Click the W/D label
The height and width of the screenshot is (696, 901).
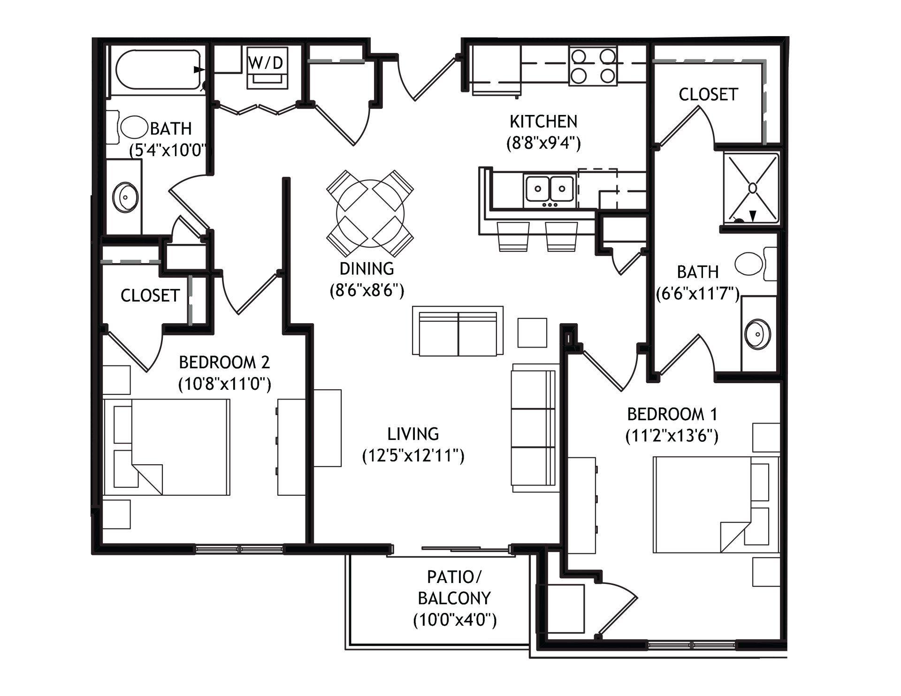266,63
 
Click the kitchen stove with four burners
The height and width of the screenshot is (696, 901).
593,66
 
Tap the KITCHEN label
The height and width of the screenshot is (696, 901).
543,121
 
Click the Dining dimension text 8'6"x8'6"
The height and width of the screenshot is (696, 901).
367,291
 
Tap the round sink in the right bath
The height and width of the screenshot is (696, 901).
758,334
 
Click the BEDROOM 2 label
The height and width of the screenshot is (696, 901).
224,362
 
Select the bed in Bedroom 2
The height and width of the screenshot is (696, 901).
167,447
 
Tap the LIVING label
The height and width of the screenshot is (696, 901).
413,434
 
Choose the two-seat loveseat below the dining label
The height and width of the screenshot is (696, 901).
458,331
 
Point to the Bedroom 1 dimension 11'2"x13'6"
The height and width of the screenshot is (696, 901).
672,437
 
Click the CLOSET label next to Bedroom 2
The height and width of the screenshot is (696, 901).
150,295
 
